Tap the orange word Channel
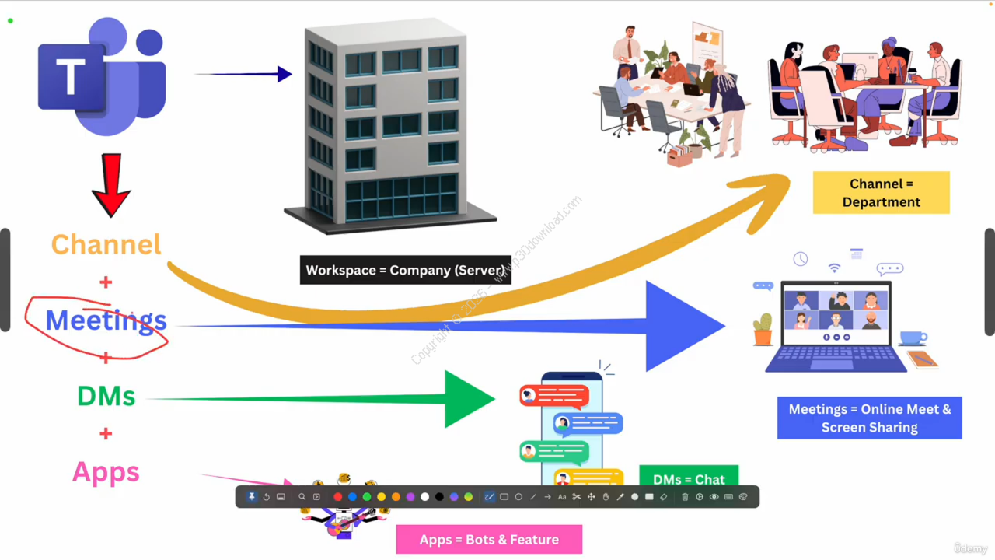click(x=106, y=244)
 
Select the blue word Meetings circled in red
click(x=106, y=320)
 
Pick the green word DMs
click(x=106, y=396)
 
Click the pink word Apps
click(x=106, y=472)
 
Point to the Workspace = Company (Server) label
click(x=405, y=270)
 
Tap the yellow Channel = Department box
click(x=881, y=193)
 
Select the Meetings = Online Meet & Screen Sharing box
click(x=869, y=418)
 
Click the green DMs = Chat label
click(x=689, y=478)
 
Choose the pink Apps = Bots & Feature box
click(x=489, y=539)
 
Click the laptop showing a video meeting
click(x=836, y=327)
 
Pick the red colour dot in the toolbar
click(x=337, y=497)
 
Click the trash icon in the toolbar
click(x=685, y=497)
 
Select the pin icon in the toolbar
click(x=252, y=497)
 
